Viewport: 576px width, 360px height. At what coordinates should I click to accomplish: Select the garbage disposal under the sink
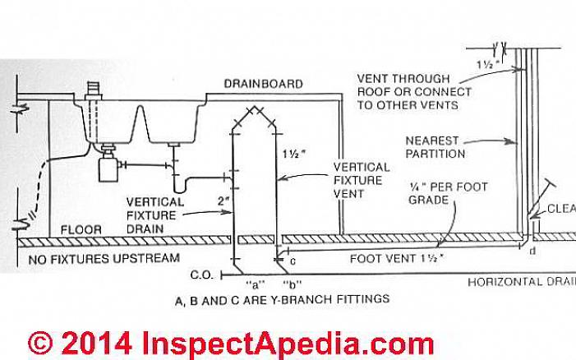point(108,169)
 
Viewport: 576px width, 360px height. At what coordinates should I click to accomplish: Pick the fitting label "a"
point(246,282)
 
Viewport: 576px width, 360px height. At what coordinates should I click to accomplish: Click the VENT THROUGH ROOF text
point(415,91)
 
